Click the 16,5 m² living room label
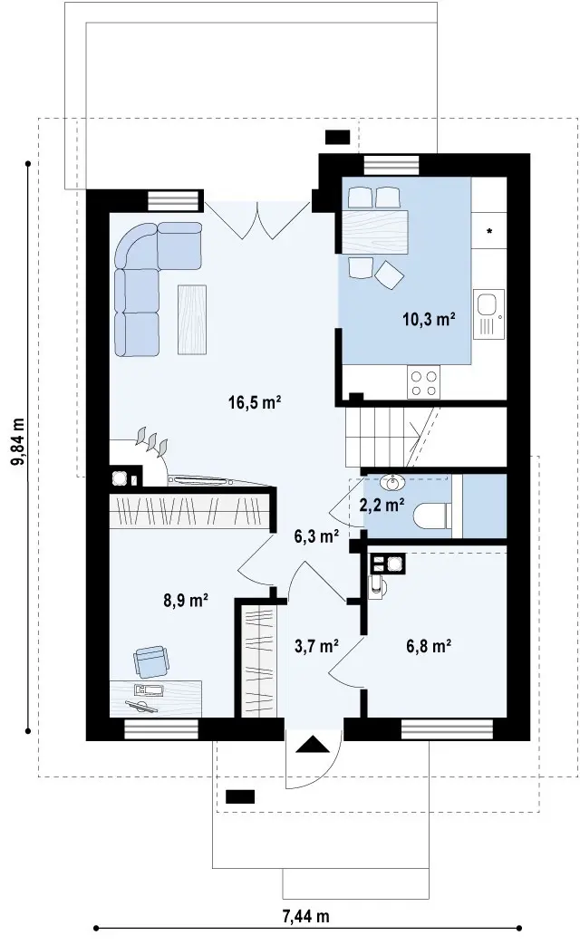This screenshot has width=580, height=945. pyautogui.click(x=255, y=402)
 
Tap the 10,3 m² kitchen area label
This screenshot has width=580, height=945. pyautogui.click(x=429, y=319)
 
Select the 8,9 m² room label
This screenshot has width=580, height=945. pyautogui.click(x=187, y=601)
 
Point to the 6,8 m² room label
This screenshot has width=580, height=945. pyautogui.click(x=429, y=647)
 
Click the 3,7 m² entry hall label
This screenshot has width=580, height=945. pyautogui.click(x=316, y=647)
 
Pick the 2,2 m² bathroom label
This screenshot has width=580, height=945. pyautogui.click(x=382, y=505)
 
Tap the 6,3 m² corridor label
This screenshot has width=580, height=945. pyautogui.click(x=316, y=535)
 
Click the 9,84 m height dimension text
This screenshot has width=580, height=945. pyautogui.click(x=18, y=441)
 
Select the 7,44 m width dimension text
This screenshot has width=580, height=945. pyautogui.click(x=305, y=917)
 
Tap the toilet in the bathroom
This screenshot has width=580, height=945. pyautogui.click(x=432, y=516)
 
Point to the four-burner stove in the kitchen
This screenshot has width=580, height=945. pyautogui.click(x=423, y=382)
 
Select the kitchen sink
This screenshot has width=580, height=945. pyautogui.click(x=488, y=313)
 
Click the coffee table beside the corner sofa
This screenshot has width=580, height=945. pyautogui.click(x=192, y=320)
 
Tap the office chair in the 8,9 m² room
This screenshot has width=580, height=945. pyautogui.click(x=151, y=661)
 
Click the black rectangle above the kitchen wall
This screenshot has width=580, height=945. pyautogui.click(x=338, y=138)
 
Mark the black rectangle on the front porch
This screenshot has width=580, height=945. pyautogui.click(x=240, y=796)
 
